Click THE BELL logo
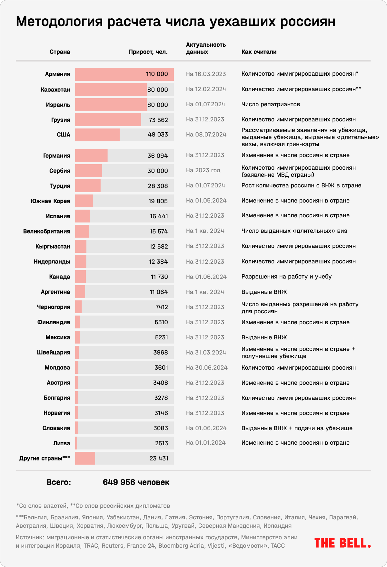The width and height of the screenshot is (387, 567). tap(342, 543)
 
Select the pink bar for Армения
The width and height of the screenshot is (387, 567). tap(124, 74)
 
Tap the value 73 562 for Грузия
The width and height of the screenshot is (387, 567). tap(158, 120)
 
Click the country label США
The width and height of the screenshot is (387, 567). tap(63, 135)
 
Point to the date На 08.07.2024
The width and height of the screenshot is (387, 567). tap(206, 135)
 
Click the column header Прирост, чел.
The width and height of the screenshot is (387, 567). tap(148, 52)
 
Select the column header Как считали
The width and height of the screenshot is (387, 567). tap(259, 52)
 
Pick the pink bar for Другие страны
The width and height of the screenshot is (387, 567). tap(85, 458)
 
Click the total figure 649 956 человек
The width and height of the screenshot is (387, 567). tap(136, 482)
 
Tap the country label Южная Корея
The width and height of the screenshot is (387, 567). tap(50, 201)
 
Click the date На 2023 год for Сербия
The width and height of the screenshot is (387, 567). tap(203, 170)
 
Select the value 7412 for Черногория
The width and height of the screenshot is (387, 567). tap(162, 307)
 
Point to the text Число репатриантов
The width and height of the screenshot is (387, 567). tap(271, 104)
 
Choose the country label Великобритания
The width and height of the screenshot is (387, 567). tap(46, 231)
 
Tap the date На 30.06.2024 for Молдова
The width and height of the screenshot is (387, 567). tap(207, 367)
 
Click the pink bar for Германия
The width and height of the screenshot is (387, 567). tap(91, 156)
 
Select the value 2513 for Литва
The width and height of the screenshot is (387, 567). tap(161, 443)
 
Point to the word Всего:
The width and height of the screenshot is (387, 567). tap(59, 482)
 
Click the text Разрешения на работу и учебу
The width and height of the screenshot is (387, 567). tap(286, 277)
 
